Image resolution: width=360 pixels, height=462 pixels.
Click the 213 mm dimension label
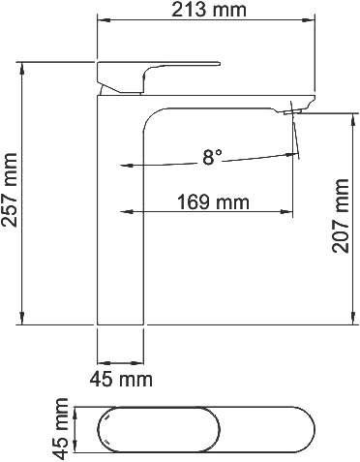[x=208, y=10]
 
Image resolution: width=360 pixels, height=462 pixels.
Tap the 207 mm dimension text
[x=341, y=216]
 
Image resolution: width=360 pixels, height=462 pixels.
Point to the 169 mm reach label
[x=213, y=202]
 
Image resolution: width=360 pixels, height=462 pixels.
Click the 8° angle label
[x=212, y=157]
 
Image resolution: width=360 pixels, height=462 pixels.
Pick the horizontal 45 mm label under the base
[x=121, y=379]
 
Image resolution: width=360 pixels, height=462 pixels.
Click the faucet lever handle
[x=158, y=77]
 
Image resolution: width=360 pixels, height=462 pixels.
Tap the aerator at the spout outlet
[x=292, y=112]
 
